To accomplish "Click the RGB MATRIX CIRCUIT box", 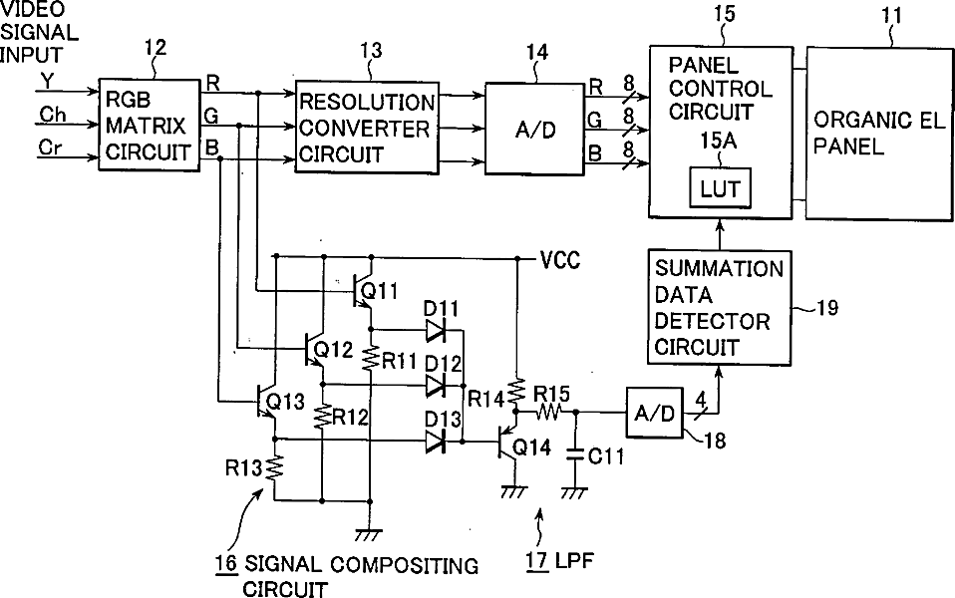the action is [x=150, y=125].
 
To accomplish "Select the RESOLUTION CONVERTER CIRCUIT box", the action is [x=367, y=128].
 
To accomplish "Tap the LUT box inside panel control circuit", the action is [x=720, y=188].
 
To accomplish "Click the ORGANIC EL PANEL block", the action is [x=879, y=133].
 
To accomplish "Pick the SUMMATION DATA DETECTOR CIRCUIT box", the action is [x=720, y=308].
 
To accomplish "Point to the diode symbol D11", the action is [x=436, y=331].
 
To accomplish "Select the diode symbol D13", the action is [x=436, y=441].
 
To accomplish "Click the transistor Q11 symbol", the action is [x=362, y=292].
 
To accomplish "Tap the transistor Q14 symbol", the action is [x=507, y=440].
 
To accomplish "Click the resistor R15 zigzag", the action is [x=548, y=413].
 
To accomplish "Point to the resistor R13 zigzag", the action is [x=275, y=467].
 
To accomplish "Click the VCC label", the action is [x=560, y=261].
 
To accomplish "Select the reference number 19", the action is [x=826, y=308].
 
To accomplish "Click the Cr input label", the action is [x=50, y=147].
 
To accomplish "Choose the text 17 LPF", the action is [x=559, y=560].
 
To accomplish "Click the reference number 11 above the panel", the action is [x=892, y=15].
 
